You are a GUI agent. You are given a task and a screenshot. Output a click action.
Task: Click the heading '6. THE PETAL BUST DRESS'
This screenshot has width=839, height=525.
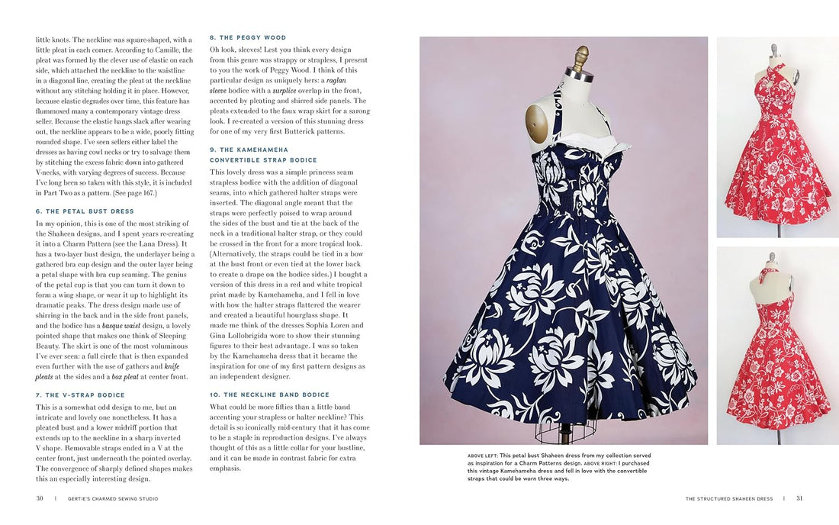point(84,211)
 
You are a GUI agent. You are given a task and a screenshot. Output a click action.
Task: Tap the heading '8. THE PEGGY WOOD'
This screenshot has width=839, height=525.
point(248,37)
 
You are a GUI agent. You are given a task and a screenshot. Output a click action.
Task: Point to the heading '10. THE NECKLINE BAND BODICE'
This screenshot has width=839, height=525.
point(269,395)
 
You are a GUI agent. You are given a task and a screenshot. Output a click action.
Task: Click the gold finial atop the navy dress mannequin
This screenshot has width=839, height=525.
point(581,57)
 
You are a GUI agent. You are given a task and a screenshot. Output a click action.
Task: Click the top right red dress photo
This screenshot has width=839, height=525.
point(777,137)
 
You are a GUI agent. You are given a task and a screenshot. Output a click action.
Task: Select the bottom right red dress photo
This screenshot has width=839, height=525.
point(777,345)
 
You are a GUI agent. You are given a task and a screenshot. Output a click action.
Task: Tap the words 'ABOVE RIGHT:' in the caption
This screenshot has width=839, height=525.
point(605,463)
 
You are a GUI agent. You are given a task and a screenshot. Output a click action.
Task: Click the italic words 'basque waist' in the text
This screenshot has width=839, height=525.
point(125,325)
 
